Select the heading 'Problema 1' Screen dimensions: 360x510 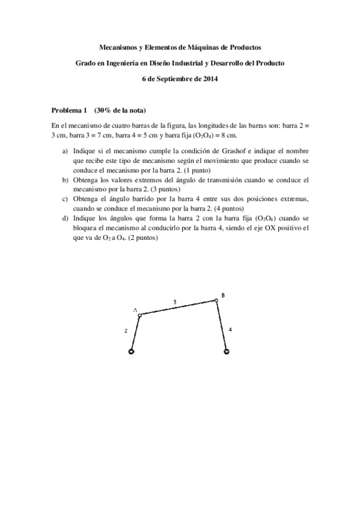click(x=69, y=110)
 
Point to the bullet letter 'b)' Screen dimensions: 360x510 click(x=65, y=180)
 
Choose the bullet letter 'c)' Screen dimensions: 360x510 click(x=65, y=198)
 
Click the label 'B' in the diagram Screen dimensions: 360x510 click(x=223, y=295)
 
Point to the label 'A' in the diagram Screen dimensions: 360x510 click(x=136, y=310)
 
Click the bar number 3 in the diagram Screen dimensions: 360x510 click(x=175, y=301)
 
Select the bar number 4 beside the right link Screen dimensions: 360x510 click(x=231, y=330)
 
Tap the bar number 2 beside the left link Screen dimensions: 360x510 click(x=126, y=330)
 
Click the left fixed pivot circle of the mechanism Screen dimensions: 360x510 click(x=132, y=352)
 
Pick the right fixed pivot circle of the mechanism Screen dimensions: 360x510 click(x=226, y=352)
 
